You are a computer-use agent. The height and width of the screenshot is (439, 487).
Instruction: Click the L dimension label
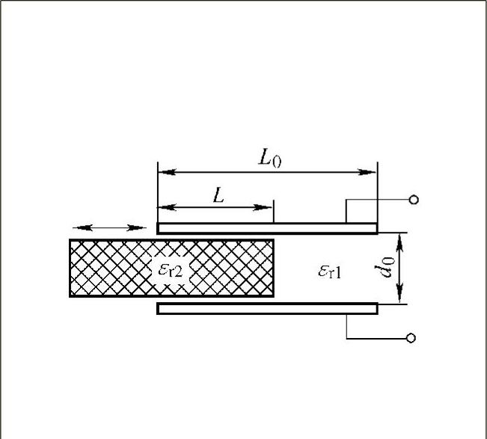click(x=218, y=195)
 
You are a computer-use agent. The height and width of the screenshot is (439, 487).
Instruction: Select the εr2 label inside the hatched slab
click(x=171, y=270)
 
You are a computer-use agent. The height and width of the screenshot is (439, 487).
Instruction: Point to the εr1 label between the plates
click(x=330, y=271)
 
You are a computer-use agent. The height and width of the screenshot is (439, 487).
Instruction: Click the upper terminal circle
click(x=414, y=200)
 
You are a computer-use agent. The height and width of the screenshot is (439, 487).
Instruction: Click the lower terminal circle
click(x=411, y=338)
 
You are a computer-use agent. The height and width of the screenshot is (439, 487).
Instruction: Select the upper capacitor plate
click(x=267, y=228)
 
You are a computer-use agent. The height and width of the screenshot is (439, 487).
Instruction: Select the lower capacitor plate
click(x=267, y=309)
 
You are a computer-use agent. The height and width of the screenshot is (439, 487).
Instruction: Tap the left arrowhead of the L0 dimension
click(x=167, y=172)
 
